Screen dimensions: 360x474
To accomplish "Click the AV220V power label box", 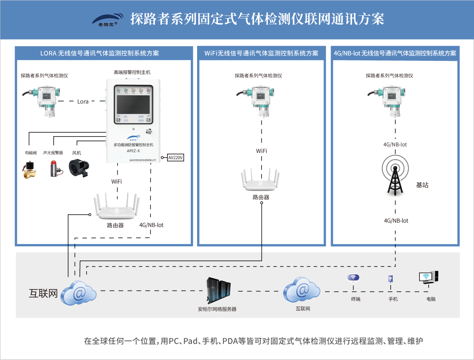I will point(176,157).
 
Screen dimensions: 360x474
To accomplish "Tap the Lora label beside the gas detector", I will point(83,101).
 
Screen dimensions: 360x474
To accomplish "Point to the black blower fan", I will point(80,167).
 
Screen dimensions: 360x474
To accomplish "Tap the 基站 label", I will point(422,185).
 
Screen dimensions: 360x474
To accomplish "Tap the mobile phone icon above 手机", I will point(390,279).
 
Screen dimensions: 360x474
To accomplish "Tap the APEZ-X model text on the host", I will point(133,151).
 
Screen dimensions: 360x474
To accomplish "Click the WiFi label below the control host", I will point(117,182).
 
